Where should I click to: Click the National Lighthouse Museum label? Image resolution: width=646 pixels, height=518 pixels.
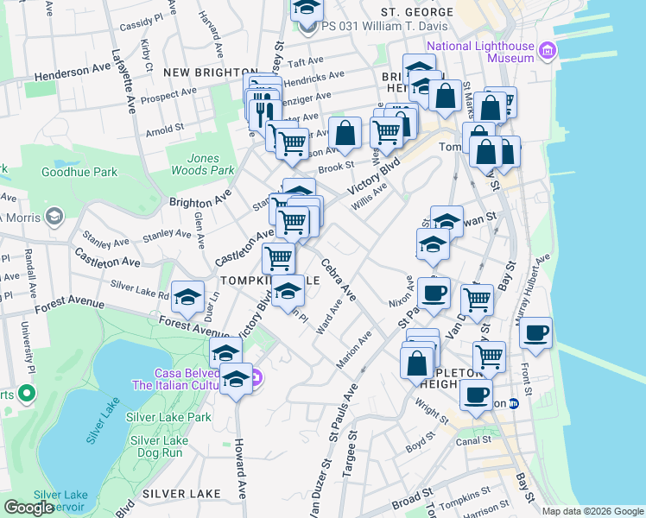click(x=478, y=51)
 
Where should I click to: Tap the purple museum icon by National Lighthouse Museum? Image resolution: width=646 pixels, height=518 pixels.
click(x=546, y=51)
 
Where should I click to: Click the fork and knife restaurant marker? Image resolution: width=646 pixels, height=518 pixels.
click(x=262, y=111)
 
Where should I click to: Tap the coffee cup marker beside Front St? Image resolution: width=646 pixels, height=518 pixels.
click(x=536, y=332)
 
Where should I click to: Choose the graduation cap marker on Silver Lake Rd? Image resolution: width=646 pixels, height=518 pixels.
click(x=187, y=296)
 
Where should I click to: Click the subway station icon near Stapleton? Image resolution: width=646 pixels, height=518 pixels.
click(x=513, y=402)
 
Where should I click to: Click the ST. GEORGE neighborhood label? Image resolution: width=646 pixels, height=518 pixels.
click(x=417, y=12)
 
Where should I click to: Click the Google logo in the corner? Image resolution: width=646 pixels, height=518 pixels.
click(x=28, y=508)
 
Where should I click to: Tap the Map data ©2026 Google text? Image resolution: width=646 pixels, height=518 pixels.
click(x=592, y=511)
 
